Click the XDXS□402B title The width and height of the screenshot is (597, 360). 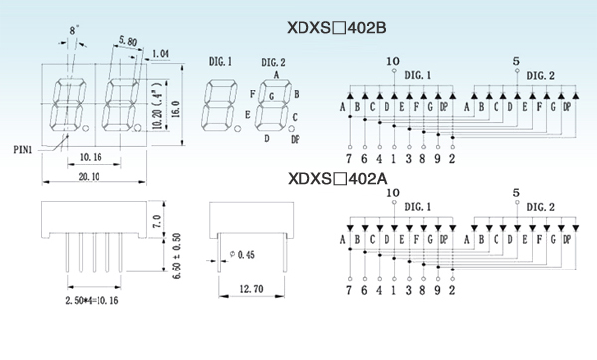click(336, 28)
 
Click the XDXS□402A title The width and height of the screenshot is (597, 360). click(337, 178)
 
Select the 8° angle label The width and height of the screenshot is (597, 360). click(74, 31)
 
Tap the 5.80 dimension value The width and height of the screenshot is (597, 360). click(128, 41)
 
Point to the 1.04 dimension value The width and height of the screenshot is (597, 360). click(160, 54)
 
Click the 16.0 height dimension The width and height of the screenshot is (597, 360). click(175, 109)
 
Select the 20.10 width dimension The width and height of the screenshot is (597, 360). click(89, 177)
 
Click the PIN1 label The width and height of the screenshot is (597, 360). click(23, 150)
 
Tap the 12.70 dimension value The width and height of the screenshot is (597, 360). click(251, 289)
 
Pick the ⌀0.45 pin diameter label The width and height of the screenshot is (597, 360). click(242, 254)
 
